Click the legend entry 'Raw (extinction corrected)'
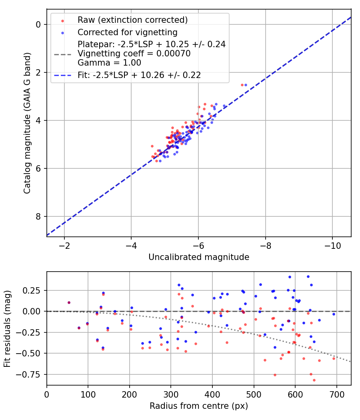[x=132, y=20]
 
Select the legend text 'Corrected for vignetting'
[x=128, y=32]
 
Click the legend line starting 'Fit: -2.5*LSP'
[x=139, y=75]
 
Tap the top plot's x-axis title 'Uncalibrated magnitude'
[x=199, y=257]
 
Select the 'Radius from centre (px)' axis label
[x=199, y=406]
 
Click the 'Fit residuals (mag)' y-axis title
[x=7, y=328]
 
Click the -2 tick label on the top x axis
[x=64, y=245]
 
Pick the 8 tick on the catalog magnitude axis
[x=38, y=216]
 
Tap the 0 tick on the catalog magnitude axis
[x=38, y=24]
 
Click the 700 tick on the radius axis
[x=336, y=394]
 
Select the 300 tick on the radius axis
[x=171, y=394]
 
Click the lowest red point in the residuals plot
[x=314, y=380]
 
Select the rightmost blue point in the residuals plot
[x=334, y=314]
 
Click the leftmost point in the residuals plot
[x=69, y=302]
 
